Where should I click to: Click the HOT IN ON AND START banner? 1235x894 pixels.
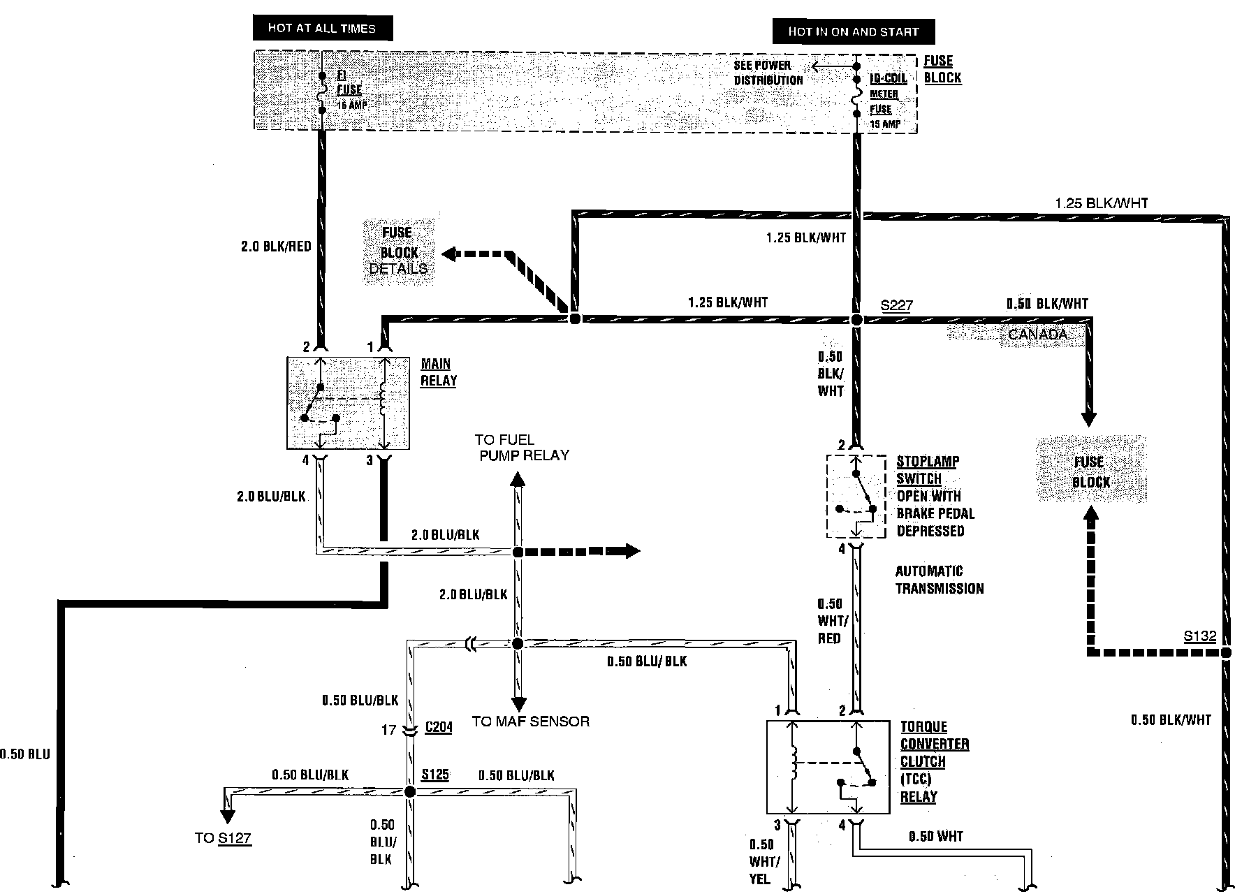click(853, 31)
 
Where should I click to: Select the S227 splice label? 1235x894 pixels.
click(896, 305)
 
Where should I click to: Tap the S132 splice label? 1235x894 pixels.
click(1199, 636)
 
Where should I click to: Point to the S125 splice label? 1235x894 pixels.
click(434, 775)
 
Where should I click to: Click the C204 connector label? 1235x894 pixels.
click(438, 727)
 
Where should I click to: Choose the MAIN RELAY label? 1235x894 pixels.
click(439, 372)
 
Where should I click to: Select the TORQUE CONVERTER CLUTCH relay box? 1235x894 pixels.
click(828, 767)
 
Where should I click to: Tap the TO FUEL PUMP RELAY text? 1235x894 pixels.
click(522, 448)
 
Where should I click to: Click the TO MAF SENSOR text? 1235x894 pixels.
click(530, 721)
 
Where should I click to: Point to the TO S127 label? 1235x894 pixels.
click(223, 838)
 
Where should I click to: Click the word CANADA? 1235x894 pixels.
click(1037, 335)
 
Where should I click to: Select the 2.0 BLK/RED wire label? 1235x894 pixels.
click(276, 247)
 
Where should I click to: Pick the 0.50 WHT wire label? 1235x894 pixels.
click(935, 836)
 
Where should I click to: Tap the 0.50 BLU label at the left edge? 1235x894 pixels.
click(25, 754)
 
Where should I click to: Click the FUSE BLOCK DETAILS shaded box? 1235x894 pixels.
click(398, 251)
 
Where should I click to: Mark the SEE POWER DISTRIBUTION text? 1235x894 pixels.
click(768, 73)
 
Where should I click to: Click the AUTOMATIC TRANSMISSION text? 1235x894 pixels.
click(939, 580)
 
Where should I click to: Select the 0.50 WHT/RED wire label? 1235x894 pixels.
click(830, 621)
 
